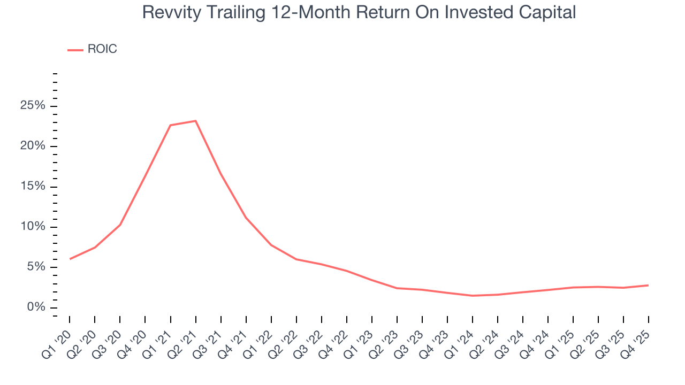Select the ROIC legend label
(102, 49)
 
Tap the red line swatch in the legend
(75, 50)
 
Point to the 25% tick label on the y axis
(33, 106)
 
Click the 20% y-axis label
(33, 146)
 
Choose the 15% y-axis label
(33, 187)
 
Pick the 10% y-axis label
(33, 227)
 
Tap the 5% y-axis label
(35, 267)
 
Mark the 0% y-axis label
(35, 307)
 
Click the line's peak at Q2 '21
(195, 121)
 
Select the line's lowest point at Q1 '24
(473, 296)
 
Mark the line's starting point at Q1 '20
(70, 259)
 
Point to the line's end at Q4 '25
(649, 285)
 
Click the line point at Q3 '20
(120, 225)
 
